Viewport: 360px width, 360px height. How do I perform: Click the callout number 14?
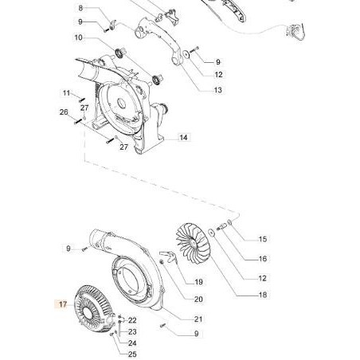coord(183,138)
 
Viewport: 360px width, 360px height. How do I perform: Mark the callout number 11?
coord(68,93)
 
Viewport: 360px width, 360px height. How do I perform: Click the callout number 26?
coord(64,112)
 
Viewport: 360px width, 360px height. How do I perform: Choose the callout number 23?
coord(133,331)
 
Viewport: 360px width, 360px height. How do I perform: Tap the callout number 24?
coord(133,343)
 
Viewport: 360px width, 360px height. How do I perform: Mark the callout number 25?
coord(133,354)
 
